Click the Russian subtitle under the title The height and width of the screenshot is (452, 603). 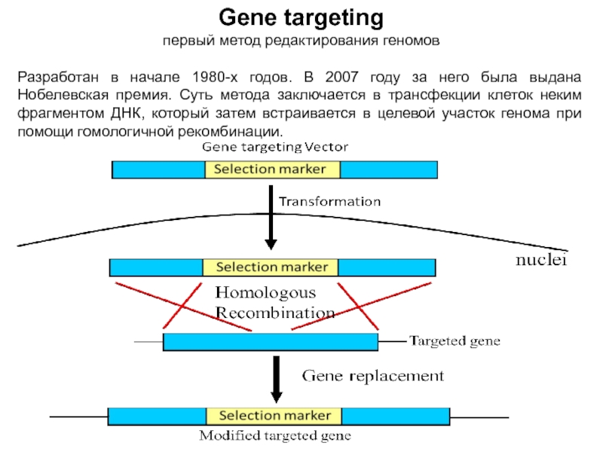point(301,38)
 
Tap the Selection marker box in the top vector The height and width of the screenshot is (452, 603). point(272,169)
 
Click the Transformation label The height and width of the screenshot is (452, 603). point(330,202)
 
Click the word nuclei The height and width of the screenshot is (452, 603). point(540,261)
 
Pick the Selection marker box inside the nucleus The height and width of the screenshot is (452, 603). point(271,267)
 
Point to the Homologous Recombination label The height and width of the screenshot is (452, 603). point(275,302)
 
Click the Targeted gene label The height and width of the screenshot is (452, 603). point(454,341)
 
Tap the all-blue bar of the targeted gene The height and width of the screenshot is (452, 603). point(271,342)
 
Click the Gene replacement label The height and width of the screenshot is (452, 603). point(372,374)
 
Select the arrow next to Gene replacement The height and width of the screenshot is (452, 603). point(277,380)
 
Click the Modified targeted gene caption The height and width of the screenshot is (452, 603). point(275,436)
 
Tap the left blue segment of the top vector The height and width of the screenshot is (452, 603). point(158,169)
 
